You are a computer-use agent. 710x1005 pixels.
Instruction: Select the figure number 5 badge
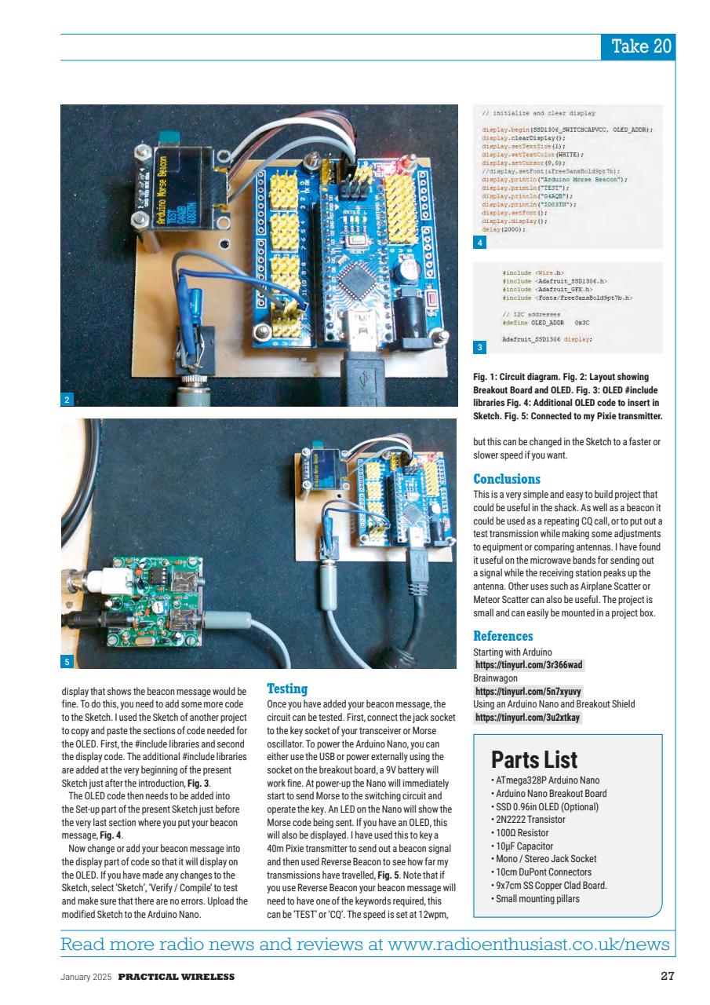pyautogui.click(x=67, y=662)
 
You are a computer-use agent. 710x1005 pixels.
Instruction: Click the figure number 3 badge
pyautogui.click(x=480, y=346)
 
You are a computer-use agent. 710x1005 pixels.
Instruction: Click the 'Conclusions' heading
pyautogui.click(x=507, y=479)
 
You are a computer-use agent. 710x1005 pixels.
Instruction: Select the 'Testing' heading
pyautogui.click(x=287, y=689)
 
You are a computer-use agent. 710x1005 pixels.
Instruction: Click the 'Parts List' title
pyautogui.click(x=534, y=759)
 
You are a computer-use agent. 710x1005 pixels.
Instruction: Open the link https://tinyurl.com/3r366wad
pyautogui.click(x=529, y=665)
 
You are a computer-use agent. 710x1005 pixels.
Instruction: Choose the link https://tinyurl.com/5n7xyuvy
pyautogui.click(x=529, y=692)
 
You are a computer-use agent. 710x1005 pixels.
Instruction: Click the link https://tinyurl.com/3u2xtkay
pyautogui.click(x=529, y=718)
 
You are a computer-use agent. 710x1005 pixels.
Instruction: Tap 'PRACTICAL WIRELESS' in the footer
pyautogui.click(x=176, y=977)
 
